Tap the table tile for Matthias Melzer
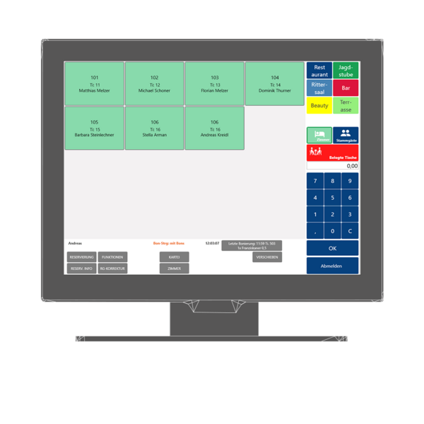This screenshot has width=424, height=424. coord(94,83)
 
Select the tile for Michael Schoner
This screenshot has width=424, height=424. coord(154,83)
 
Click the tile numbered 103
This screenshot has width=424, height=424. coord(214,83)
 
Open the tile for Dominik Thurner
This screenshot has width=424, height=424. coord(274,83)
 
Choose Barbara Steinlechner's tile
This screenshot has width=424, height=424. coord(94,128)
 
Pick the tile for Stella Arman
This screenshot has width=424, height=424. coord(154,128)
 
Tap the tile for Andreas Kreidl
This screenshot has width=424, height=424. coord(214,128)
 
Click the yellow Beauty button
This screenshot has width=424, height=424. coord(319,106)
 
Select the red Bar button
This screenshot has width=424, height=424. coord(346,88)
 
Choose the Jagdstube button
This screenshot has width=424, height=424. coord(346,71)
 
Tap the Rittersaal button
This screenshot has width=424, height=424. coord(319,88)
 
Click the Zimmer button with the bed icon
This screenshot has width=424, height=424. coord(319,135)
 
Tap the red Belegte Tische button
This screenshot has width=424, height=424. coord(332,153)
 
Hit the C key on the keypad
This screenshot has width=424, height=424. coord(349,230)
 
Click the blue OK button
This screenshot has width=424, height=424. coord(332,248)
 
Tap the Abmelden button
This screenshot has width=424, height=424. coord(332,266)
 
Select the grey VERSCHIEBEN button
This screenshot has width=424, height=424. coord(266,257)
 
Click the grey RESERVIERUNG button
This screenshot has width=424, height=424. coord(81,257)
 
